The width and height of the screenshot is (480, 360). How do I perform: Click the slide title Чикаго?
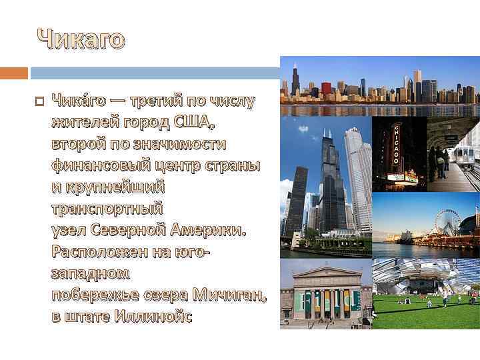click(x=80, y=40)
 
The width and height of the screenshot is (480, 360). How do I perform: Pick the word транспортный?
click(x=107, y=209)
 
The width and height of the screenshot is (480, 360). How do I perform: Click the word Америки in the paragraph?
click(x=207, y=231)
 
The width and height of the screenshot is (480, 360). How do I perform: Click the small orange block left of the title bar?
click(x=14, y=72)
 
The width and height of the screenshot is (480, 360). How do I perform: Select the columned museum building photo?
click(x=324, y=293)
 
